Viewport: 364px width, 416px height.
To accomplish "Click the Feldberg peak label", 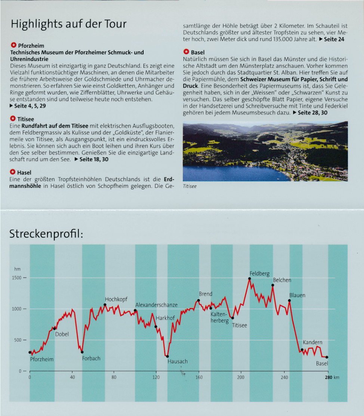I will click(259, 274).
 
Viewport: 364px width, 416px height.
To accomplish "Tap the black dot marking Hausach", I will click(167, 356).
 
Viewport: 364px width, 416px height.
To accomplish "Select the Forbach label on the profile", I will click(91, 358).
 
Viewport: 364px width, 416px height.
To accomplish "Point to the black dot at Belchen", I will click(273, 285).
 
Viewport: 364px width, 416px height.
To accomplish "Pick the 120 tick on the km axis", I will click(157, 378).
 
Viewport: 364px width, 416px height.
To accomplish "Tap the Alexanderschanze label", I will click(156, 305).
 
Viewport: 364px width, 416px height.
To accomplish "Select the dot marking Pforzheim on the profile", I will click(30, 352).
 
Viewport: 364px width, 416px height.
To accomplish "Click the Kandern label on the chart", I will click(312, 342).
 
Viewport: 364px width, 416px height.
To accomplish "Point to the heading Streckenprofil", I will click(46, 234).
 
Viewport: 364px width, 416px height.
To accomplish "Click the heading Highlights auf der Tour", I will click(68, 24).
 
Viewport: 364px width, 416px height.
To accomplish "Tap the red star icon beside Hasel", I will click(13, 172).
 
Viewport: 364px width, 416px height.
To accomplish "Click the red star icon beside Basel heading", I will click(186, 52).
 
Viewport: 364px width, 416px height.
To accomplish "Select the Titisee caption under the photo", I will click(190, 186).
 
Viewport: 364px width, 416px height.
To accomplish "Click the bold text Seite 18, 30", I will click(94, 159).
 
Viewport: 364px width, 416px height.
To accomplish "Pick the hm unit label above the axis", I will click(17, 269).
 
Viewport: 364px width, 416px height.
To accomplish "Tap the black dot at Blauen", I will click(289, 301).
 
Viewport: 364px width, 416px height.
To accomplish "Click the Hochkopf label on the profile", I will click(116, 299).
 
